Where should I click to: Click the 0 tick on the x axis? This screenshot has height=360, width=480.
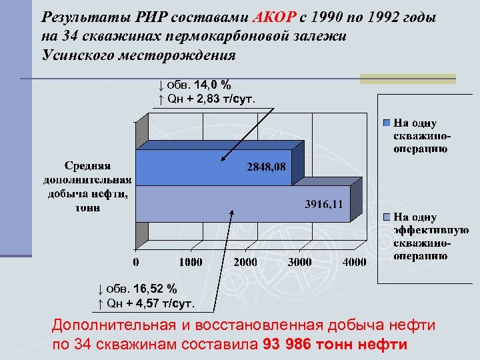click(136, 262)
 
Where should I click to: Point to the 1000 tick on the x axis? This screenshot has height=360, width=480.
click(189, 262)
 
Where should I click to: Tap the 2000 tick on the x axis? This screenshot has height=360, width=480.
click(245, 262)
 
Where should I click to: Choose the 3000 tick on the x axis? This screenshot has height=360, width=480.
click(300, 262)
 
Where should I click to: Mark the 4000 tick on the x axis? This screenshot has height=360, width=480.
click(355, 262)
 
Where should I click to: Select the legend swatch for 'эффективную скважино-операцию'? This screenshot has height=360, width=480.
click(387, 217)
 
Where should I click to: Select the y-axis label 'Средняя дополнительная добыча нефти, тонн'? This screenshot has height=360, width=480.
click(88, 186)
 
